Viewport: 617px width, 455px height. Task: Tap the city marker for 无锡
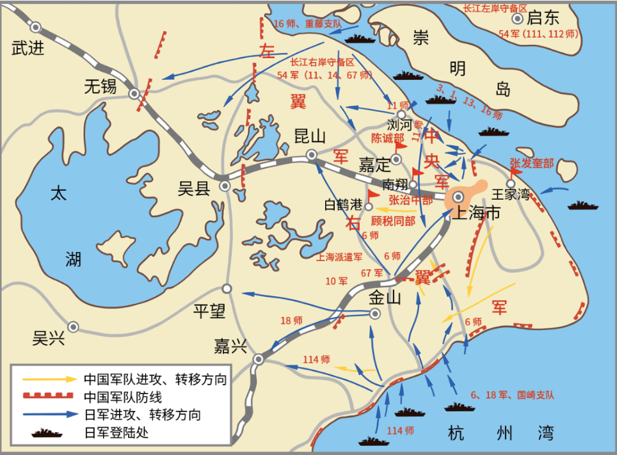tap(134, 93)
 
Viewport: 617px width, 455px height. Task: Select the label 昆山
tap(310, 136)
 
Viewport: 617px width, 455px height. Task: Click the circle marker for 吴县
tap(225, 186)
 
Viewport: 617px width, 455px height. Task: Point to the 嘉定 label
tap(374, 165)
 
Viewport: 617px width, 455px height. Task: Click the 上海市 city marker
tap(459, 197)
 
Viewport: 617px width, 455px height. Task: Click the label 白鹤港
tap(344, 205)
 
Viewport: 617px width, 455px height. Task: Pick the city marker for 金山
tap(374, 313)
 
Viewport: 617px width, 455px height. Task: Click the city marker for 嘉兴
tap(259, 359)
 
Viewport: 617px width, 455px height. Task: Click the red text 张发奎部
tap(531, 163)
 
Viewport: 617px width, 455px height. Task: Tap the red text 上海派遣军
tap(339, 257)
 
